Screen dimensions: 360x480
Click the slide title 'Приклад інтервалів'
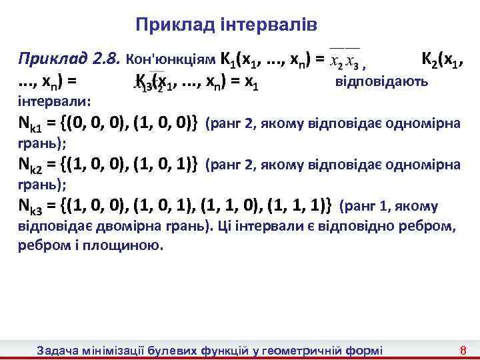[x=226, y=25]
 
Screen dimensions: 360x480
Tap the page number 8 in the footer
[x=462, y=350]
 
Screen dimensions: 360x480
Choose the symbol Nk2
[x=31, y=165]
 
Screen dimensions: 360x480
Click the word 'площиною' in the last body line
[x=128, y=245]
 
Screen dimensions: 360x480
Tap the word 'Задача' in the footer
[x=58, y=350]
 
